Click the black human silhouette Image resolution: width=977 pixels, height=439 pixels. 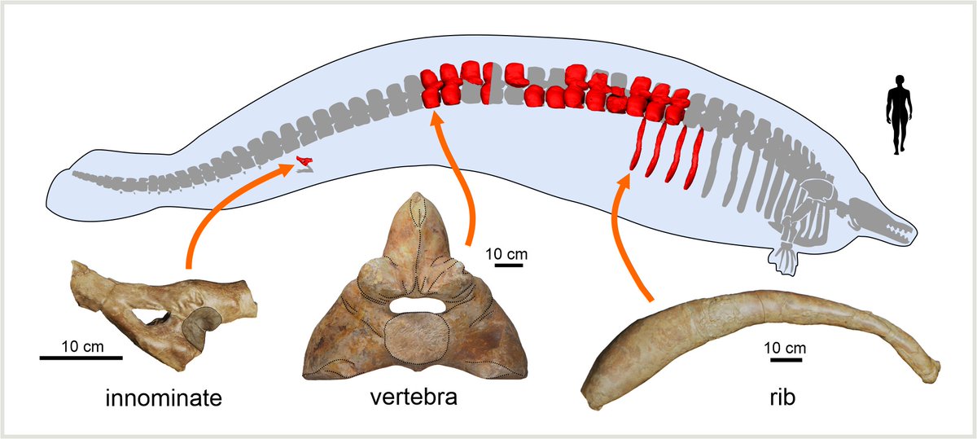click(899, 114)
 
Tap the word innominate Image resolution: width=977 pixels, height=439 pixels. click(164, 398)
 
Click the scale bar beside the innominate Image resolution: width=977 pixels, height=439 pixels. click(81, 357)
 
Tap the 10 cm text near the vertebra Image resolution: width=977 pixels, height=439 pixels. click(506, 253)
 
